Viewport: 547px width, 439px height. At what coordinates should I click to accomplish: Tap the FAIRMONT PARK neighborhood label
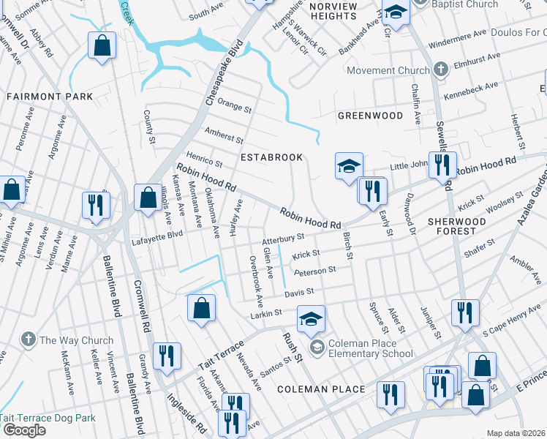coord(50,97)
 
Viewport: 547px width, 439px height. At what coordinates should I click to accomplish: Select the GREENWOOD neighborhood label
coord(370,116)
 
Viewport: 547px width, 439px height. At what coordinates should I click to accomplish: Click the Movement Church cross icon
coord(440,70)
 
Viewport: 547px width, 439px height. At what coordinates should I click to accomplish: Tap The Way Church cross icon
coord(28,339)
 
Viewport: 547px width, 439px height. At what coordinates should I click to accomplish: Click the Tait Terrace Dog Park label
coord(48,419)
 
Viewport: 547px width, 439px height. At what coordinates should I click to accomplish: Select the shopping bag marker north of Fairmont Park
coord(102,45)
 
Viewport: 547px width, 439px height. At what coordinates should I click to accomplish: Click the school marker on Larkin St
coord(311,318)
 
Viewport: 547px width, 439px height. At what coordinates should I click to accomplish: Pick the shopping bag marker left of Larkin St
coord(201,308)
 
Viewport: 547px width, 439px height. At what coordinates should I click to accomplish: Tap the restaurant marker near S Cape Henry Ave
coord(465,312)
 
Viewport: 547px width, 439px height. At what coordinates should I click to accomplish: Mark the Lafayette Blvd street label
coord(156,235)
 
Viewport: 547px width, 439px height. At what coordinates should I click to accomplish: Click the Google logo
coord(24,430)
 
